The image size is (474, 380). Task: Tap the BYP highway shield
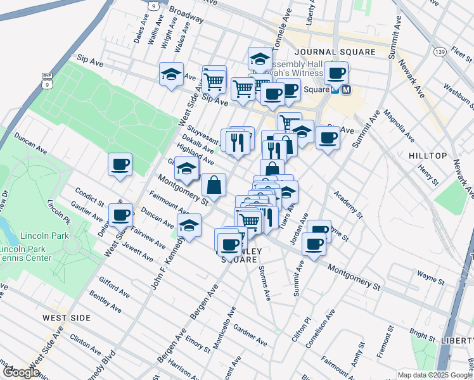point(46,75)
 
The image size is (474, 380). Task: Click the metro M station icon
point(346,90)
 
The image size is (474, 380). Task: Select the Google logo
point(21,372)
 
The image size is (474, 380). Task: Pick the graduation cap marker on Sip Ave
point(171,75)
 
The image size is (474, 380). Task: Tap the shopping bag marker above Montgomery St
point(214,185)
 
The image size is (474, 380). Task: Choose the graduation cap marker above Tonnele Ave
point(259,60)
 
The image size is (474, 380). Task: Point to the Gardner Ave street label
point(250,335)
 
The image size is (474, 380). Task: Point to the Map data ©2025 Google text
point(435,375)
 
